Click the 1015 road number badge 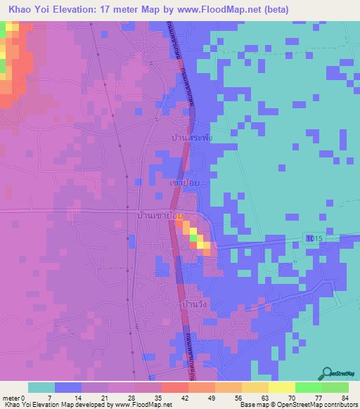314,240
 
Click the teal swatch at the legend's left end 41,387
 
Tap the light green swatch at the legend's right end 335,387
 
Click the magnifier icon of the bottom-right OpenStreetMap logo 328,374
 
